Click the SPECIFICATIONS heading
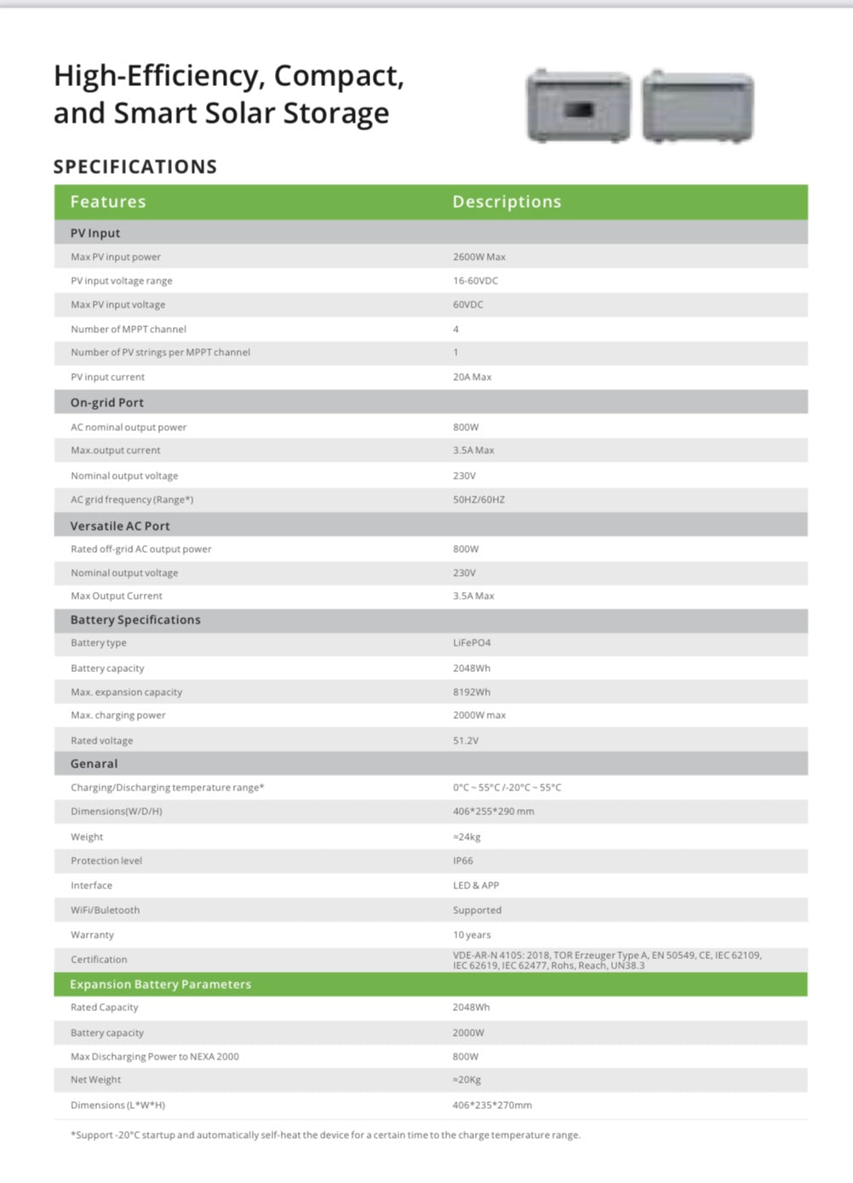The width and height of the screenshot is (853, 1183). (135, 167)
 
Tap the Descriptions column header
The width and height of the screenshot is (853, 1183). (507, 202)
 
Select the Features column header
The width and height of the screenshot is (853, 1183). (108, 202)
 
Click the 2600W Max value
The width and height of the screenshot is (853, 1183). (479, 257)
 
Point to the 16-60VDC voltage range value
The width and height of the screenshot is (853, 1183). (475, 281)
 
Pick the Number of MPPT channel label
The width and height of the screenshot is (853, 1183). (129, 330)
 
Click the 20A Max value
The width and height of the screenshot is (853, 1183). (472, 377)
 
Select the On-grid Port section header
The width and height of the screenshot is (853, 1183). (107, 403)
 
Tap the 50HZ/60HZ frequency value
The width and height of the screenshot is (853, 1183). (478, 500)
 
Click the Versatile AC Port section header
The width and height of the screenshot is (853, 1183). (120, 526)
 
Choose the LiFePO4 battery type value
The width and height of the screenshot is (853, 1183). (472, 643)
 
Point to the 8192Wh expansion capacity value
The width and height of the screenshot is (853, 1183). (472, 692)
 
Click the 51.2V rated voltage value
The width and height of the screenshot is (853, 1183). (466, 741)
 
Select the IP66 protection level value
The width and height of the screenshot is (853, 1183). (463, 861)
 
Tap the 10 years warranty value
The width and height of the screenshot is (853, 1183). (472, 935)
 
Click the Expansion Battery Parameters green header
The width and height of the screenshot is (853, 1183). (161, 985)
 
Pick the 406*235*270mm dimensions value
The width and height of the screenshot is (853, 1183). (492, 1105)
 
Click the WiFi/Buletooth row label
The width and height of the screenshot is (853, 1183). (106, 910)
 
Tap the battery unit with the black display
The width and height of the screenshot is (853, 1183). (579, 106)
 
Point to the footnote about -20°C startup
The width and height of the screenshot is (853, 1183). (325, 1135)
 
